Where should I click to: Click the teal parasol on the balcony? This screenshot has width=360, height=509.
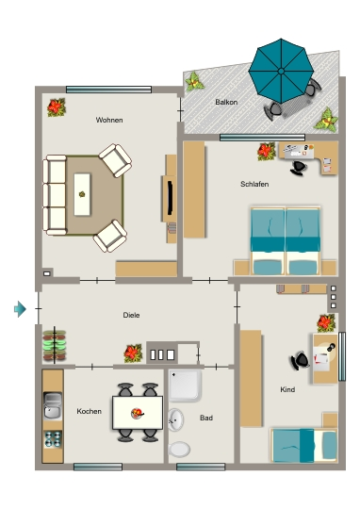[x=281, y=71]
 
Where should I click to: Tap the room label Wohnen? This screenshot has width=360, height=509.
[x=109, y=120]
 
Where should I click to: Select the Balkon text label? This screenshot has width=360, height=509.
[x=226, y=102]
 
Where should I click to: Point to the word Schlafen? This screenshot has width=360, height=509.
[x=254, y=184]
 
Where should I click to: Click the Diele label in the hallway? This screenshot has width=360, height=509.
[x=131, y=315]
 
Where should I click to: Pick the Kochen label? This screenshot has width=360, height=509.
[x=89, y=411]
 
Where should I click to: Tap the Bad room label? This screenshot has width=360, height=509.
[x=206, y=418]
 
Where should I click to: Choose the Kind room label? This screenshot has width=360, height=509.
[x=287, y=389]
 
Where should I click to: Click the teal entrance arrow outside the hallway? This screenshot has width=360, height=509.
[x=20, y=309]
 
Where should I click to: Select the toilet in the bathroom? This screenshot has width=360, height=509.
[x=179, y=450]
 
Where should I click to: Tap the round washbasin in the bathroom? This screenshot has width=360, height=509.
[x=175, y=420]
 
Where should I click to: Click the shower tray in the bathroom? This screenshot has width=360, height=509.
[x=185, y=386]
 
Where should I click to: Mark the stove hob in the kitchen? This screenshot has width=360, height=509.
[x=53, y=439]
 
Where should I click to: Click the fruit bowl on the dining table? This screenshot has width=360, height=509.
[x=138, y=413]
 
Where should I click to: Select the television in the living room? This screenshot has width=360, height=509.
[x=170, y=198]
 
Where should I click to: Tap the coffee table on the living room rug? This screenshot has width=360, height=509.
[x=82, y=194]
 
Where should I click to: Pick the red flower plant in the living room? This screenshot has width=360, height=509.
[x=57, y=107]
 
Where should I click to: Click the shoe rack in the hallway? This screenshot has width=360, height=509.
[x=55, y=345]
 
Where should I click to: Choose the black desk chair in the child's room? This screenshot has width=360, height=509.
[x=300, y=360]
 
